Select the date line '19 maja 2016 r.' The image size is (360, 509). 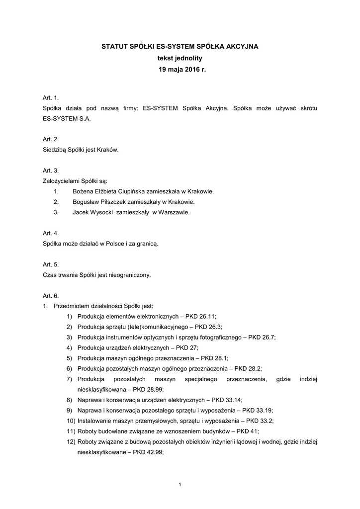pyautogui.click(x=180, y=70)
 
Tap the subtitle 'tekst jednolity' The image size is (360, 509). pyautogui.click(x=180, y=58)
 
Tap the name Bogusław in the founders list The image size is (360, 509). pyautogui.click(x=86, y=202)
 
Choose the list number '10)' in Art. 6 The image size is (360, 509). pyautogui.click(x=70, y=421)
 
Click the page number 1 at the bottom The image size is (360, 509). pyautogui.click(x=180, y=484)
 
